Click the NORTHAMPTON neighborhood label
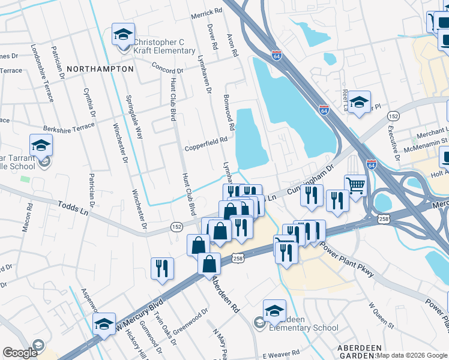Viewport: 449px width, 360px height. [x=100, y=69]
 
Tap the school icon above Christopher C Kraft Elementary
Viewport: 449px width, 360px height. [x=124, y=35]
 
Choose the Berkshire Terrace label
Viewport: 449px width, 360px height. [x=68, y=127]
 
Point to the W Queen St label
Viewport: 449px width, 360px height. [x=381, y=316]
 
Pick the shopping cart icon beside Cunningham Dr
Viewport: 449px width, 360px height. [x=355, y=185]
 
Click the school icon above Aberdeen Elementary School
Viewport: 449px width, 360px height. [x=274, y=310]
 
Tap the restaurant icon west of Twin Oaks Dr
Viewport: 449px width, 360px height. [x=162, y=268]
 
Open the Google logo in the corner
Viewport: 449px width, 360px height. [x=20, y=353]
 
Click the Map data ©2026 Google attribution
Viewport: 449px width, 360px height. [x=412, y=355]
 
